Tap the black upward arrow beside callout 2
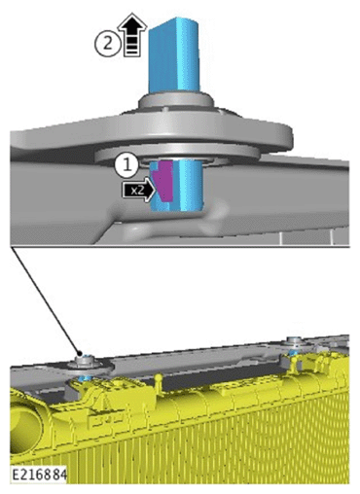132,35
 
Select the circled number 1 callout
126,165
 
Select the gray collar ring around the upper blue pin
176,102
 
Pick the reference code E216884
39,475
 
